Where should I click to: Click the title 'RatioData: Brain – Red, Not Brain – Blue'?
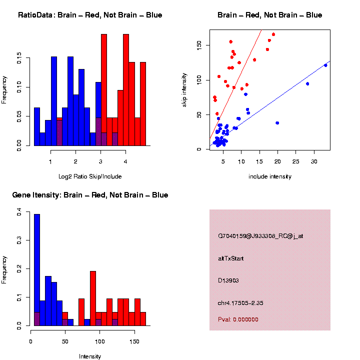90,15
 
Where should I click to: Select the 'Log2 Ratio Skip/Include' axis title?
90,176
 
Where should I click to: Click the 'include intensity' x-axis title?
270,176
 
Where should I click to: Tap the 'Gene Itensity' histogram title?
90,195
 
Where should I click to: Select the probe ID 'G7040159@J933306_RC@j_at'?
260,236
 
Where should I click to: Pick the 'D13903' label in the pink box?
228,280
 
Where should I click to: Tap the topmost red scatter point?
273,34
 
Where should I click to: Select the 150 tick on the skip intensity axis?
199,45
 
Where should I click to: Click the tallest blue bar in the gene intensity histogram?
37,270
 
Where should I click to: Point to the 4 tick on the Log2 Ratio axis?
125,161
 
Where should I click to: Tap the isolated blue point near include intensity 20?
277,123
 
